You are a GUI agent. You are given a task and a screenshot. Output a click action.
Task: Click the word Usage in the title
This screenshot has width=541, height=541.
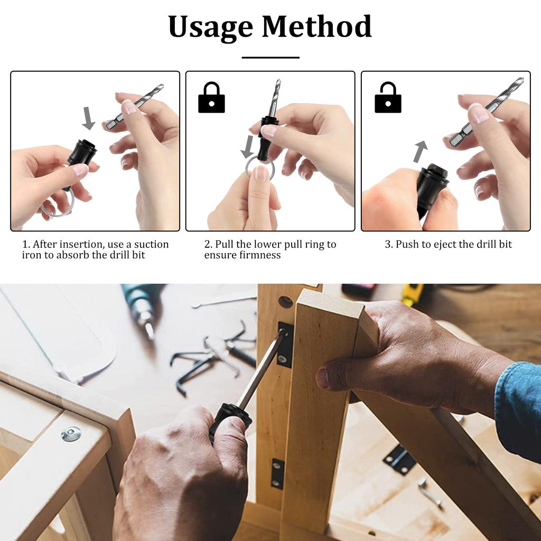[210, 27]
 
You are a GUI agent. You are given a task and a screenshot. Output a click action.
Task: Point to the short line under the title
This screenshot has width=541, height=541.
[270, 57]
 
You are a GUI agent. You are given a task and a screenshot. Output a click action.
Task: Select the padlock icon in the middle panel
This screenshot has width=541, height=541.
[211, 98]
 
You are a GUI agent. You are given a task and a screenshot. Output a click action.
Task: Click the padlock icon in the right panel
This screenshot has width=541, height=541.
[388, 98]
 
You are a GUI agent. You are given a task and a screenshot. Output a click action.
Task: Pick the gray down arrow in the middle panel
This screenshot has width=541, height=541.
[247, 146]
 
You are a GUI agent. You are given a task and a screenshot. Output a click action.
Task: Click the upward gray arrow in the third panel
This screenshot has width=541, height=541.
[419, 152]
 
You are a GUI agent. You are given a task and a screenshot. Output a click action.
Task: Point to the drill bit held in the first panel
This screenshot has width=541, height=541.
[135, 107]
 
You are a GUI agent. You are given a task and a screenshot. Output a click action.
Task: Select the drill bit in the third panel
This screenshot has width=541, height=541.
[487, 111]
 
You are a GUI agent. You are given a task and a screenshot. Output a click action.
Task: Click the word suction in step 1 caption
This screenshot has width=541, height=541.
[151, 245]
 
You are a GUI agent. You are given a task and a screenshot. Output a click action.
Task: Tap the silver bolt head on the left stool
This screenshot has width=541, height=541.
[71, 434]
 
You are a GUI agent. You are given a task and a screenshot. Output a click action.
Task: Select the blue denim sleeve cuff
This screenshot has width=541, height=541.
[518, 407]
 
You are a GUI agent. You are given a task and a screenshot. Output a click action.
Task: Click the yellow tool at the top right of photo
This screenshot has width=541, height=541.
[413, 294]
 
